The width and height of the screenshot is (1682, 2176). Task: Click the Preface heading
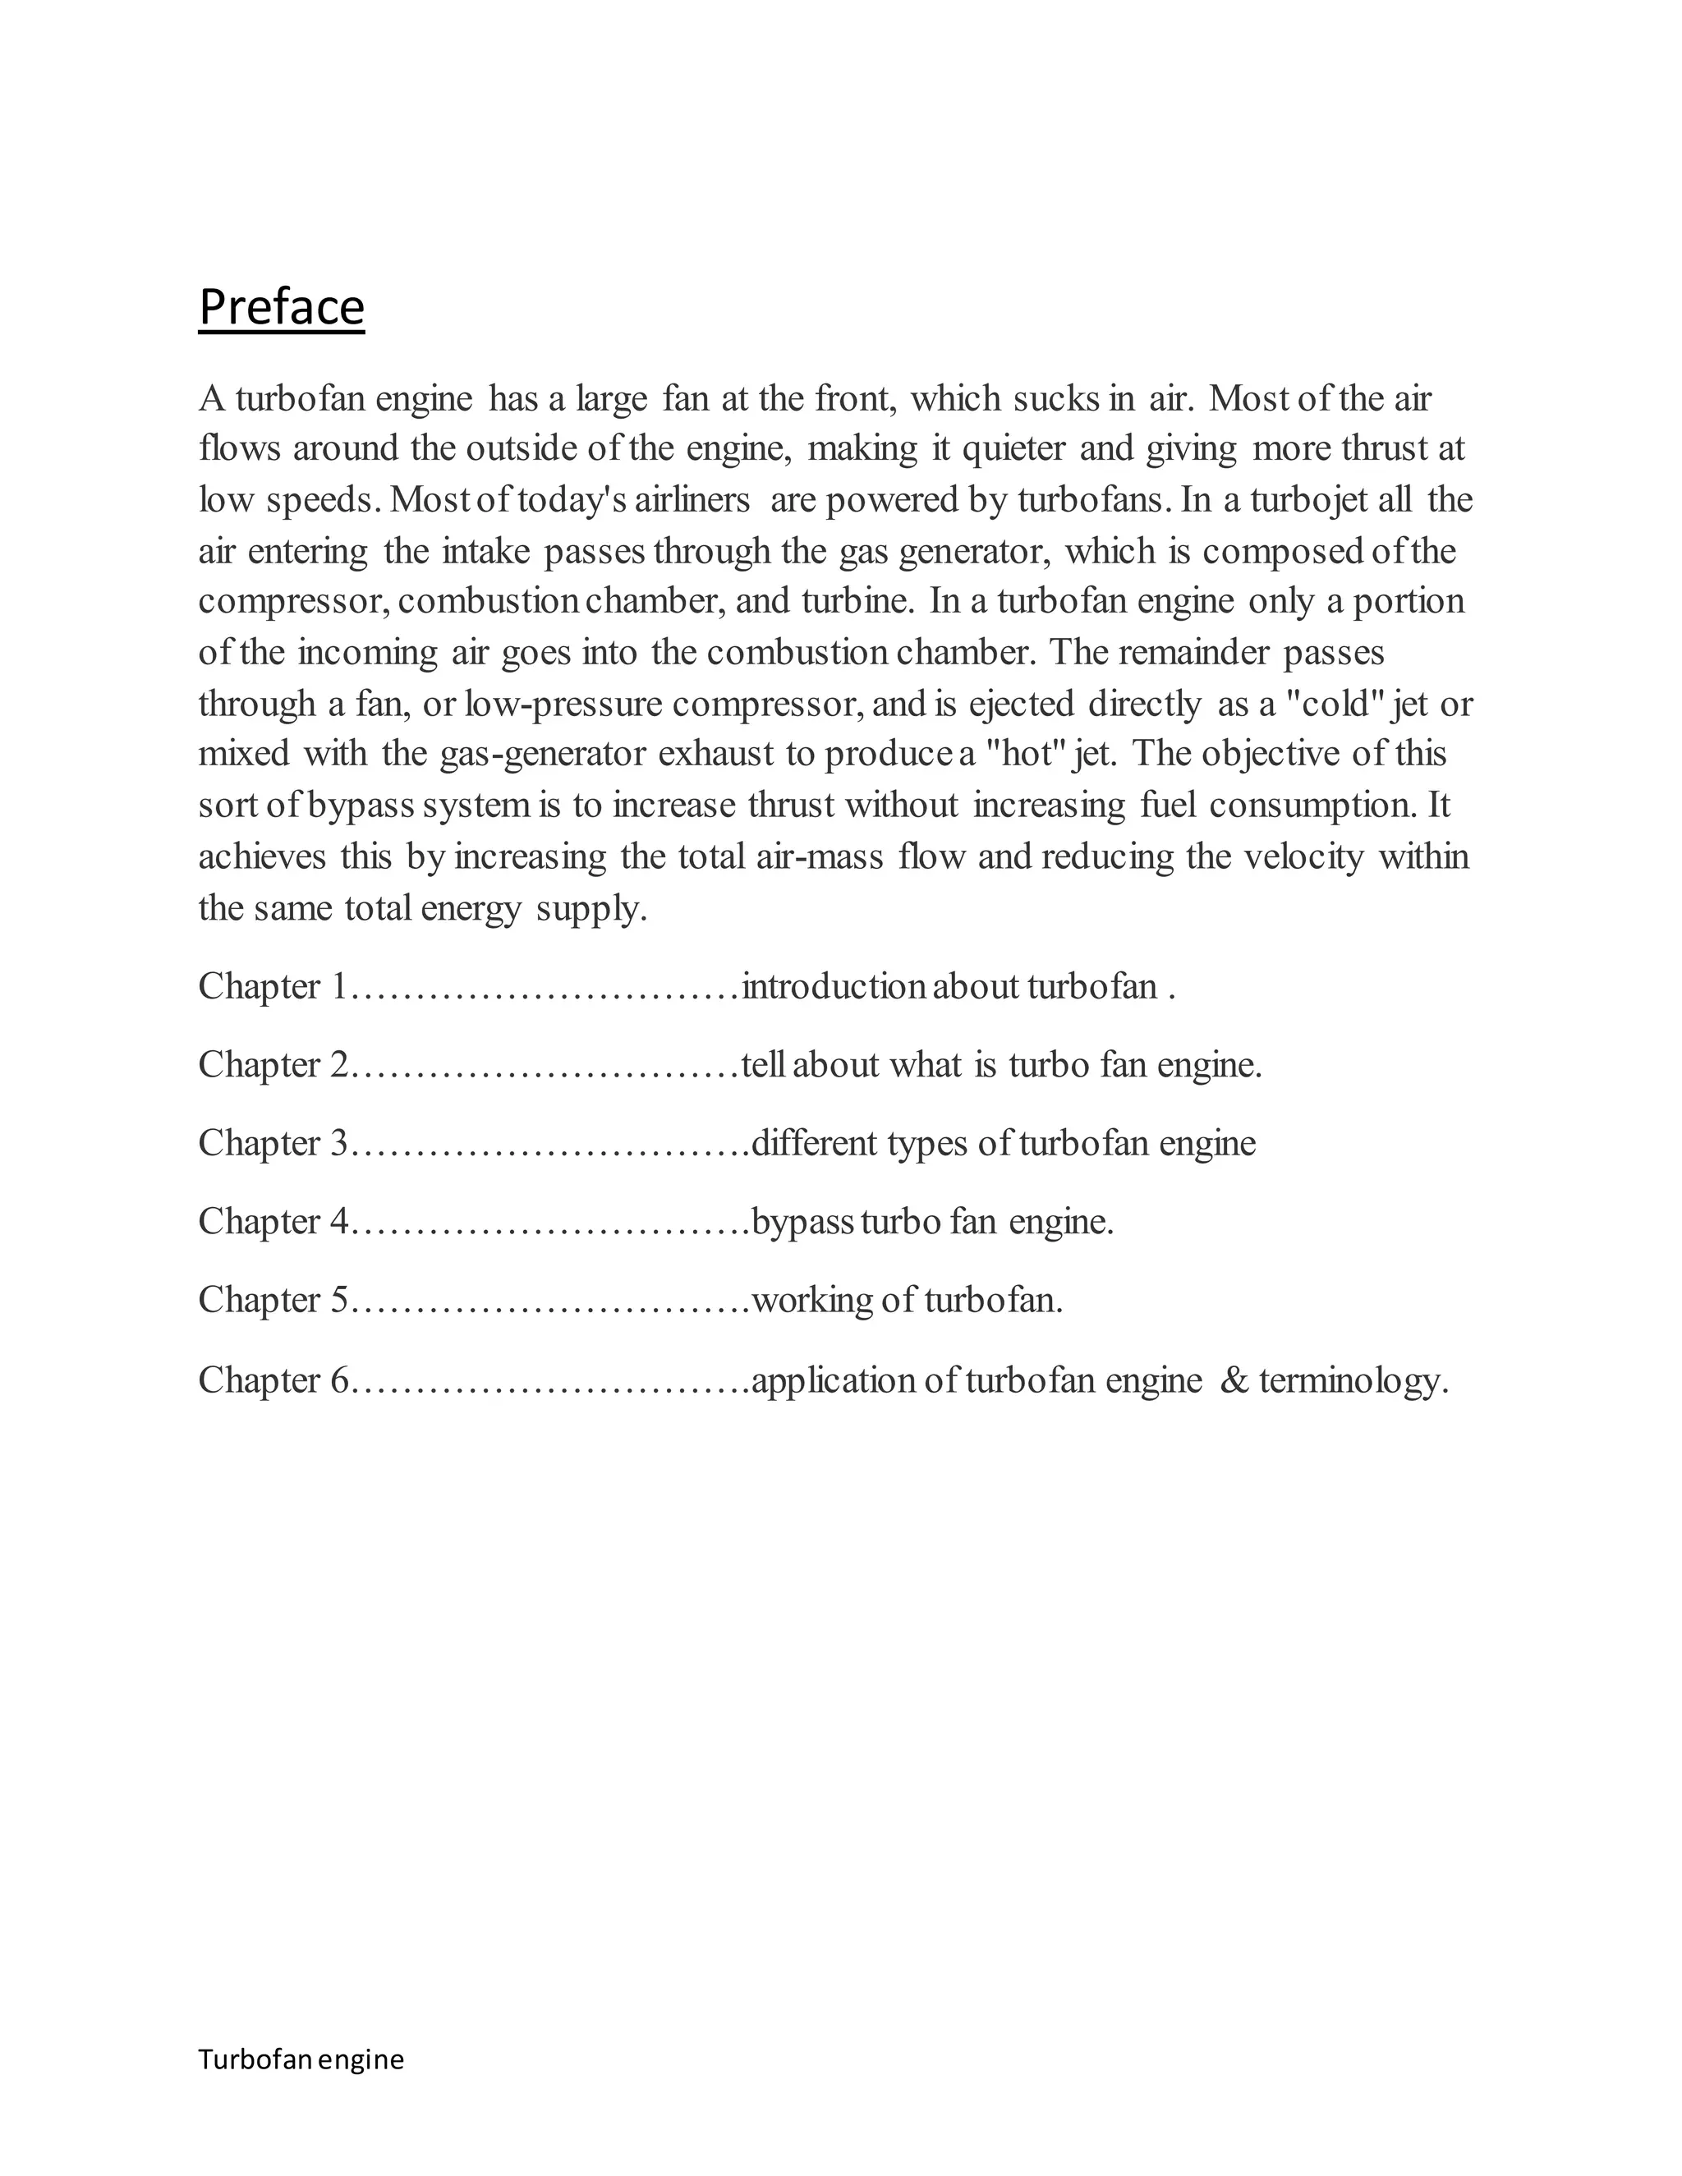point(281,307)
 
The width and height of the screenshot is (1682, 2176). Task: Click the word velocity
point(1304,856)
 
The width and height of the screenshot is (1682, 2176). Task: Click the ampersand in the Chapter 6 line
point(1234,1380)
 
